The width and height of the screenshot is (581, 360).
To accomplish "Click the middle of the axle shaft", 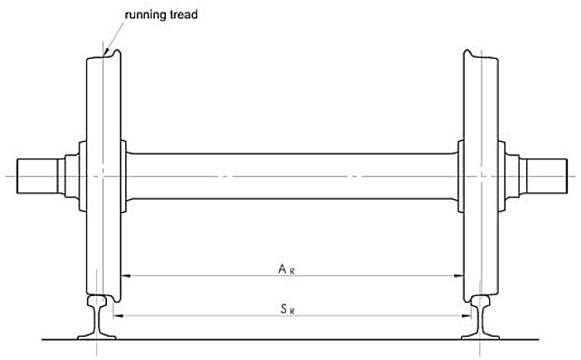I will [290, 176].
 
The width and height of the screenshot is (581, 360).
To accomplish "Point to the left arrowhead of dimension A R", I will [127, 275].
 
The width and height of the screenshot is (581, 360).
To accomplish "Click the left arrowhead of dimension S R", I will [115, 316].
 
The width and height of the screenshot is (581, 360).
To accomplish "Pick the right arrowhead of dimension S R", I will [467, 316].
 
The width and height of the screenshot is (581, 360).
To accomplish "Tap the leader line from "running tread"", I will [114, 33].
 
